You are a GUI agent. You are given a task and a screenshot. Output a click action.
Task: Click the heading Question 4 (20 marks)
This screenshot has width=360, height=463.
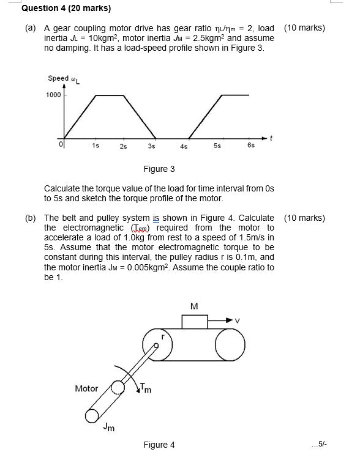coord(58,9)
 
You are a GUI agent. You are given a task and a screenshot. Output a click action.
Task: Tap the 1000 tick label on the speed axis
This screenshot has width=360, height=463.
coord(53,95)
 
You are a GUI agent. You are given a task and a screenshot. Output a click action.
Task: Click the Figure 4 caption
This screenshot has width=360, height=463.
coord(159,445)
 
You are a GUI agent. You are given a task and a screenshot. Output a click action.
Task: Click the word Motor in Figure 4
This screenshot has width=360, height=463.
coord(86,388)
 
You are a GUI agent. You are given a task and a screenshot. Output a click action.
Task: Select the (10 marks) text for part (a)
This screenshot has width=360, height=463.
coord(304,28)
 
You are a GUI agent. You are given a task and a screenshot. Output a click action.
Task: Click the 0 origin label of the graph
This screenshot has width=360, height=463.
coord(61,144)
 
